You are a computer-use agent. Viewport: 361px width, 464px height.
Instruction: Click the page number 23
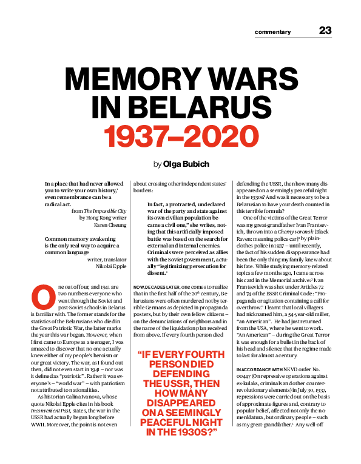click(x=325, y=31)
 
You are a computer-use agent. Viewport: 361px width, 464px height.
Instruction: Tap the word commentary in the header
click(x=272, y=32)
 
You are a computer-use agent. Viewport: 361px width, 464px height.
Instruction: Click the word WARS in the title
click(x=257, y=81)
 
